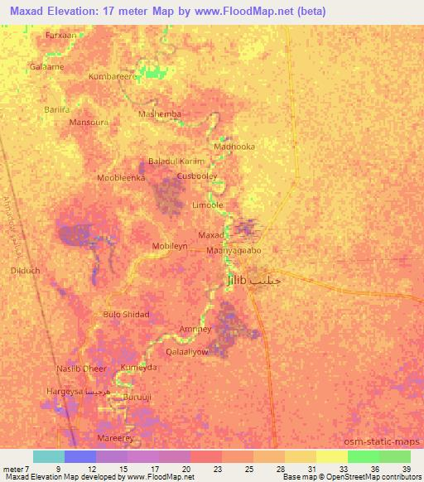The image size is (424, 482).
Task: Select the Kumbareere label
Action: [113, 76]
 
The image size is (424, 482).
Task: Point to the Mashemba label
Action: [159, 114]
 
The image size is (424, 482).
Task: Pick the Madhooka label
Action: [234, 146]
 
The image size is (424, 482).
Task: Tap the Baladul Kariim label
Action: [176, 161]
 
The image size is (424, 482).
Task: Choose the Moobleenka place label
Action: [121, 178]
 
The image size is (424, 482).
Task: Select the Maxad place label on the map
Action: [210, 236]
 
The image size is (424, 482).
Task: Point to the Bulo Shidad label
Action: [126, 315]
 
